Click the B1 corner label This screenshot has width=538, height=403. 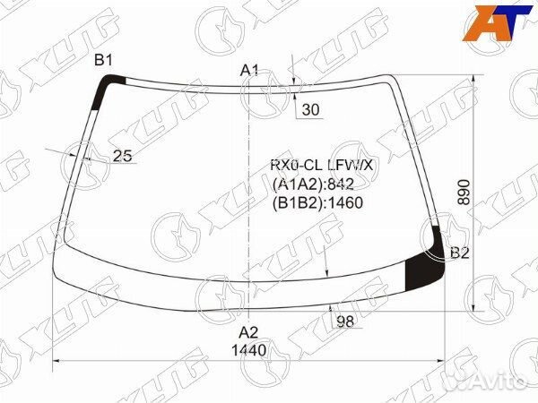click(x=103, y=61)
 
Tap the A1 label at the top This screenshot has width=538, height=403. click(x=249, y=71)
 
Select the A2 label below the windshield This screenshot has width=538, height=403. click(x=248, y=332)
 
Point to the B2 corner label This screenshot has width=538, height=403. click(x=459, y=253)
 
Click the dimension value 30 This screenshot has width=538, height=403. click(x=310, y=109)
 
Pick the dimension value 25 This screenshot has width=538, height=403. click(x=123, y=156)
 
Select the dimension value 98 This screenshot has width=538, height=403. click(x=345, y=322)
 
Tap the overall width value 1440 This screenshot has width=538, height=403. click(x=248, y=350)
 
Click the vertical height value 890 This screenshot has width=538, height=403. click(x=464, y=192)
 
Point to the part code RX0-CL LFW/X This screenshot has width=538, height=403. click(x=322, y=166)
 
